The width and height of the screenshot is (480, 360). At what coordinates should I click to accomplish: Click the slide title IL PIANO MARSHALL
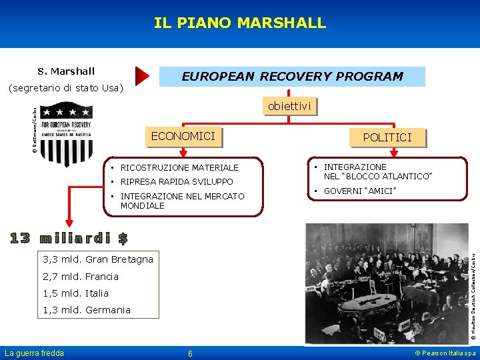240,23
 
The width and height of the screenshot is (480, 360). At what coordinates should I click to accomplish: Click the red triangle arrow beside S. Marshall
141,77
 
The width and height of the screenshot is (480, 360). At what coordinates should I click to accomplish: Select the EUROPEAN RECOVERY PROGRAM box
292,77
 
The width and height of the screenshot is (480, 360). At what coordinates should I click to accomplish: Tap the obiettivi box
289,107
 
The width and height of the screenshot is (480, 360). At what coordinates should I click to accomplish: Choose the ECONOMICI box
183,137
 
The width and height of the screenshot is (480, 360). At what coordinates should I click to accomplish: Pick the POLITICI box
387,138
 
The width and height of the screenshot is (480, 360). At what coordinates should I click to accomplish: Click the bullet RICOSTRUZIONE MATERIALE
179,167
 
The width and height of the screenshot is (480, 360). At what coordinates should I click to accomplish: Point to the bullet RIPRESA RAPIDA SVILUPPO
176,181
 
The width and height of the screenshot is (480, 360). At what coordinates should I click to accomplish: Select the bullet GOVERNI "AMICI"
359,191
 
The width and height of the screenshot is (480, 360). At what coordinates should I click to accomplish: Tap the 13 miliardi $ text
69,238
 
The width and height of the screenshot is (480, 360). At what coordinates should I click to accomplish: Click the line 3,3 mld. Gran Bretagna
97,259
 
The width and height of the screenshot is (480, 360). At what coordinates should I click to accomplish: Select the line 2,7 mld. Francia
80,277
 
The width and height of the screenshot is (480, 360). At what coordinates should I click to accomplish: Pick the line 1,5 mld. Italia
75,293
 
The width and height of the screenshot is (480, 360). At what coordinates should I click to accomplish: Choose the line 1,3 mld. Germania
86,310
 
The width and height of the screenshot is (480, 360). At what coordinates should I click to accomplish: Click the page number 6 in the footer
190,353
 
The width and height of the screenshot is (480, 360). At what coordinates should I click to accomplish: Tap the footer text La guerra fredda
35,353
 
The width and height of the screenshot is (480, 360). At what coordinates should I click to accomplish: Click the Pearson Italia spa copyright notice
445,353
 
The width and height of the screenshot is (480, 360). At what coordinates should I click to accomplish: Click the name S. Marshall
66,71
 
